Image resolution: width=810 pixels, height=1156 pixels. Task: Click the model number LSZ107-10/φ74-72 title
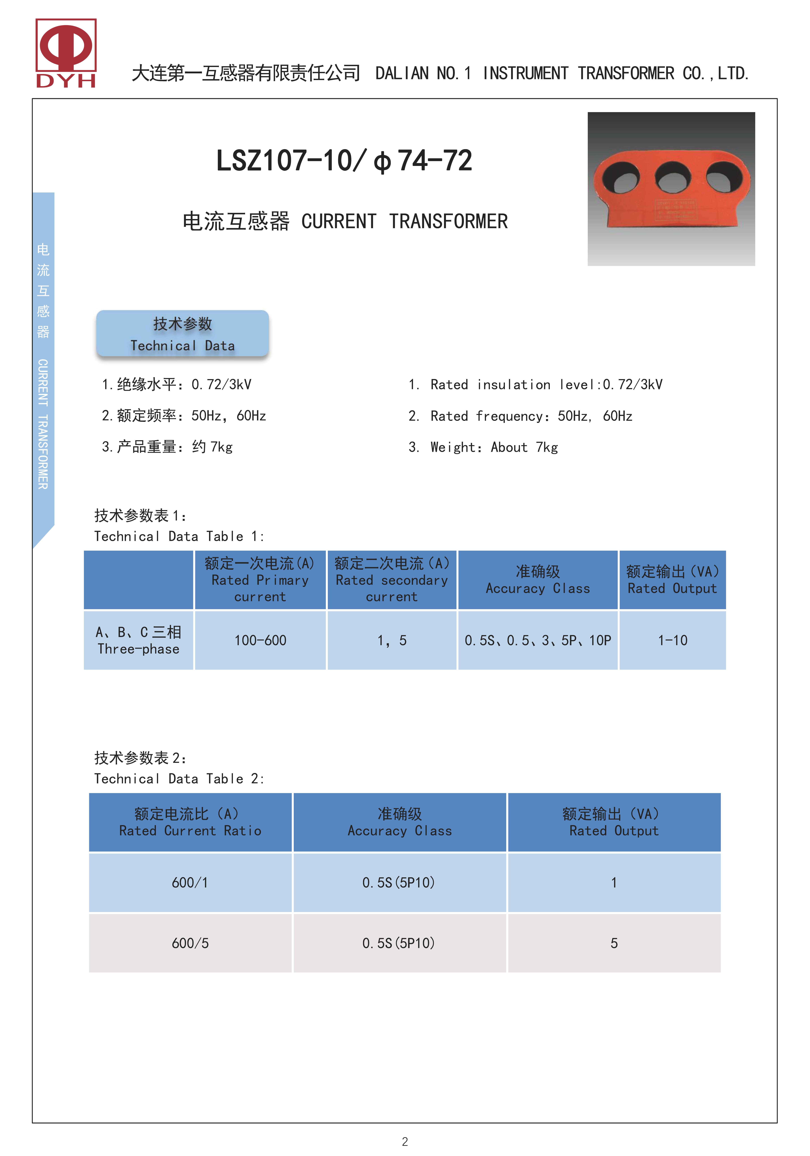pos(344,161)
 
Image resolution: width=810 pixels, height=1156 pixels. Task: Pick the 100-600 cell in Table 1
pos(260,640)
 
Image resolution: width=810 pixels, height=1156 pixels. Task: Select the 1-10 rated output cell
pos(672,640)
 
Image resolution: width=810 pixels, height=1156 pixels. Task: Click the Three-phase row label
pos(139,640)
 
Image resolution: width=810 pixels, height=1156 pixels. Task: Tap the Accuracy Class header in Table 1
pos(538,580)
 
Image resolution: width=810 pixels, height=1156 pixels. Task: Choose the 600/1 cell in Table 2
pos(190,883)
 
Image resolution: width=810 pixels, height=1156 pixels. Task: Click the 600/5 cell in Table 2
pos(190,943)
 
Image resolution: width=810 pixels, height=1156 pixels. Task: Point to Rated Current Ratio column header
pos(190,823)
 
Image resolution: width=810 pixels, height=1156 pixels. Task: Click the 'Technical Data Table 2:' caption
pos(179,779)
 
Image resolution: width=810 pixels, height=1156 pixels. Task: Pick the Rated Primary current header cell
pos(260,580)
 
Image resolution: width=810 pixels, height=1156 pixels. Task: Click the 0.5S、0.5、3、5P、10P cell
pos(538,640)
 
